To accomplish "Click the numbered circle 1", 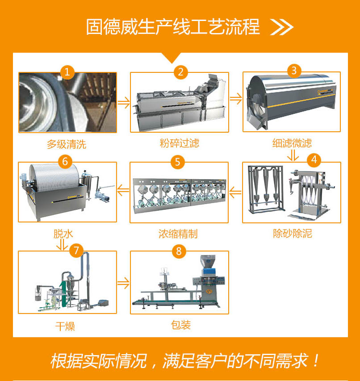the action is pyautogui.click(x=67, y=72).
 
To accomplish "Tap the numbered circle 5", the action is pyautogui.click(x=178, y=162).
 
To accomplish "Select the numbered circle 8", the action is pyautogui.click(x=179, y=251).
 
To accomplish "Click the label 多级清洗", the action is pyautogui.click(x=66, y=144).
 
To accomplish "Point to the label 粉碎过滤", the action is pyautogui.click(x=179, y=143).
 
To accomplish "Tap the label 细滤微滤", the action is pyautogui.click(x=292, y=143).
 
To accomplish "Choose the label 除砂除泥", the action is pyautogui.click(x=292, y=234).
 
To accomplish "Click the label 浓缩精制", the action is pyautogui.click(x=178, y=234).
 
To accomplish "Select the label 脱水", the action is pyautogui.click(x=63, y=234).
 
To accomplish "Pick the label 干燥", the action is pyautogui.click(x=65, y=326).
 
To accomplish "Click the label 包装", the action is pyautogui.click(x=181, y=325).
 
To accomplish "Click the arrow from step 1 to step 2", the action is pyautogui.click(x=124, y=103).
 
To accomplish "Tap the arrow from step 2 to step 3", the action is pyautogui.click(x=236, y=99).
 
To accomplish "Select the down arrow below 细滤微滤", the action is pyautogui.click(x=293, y=155).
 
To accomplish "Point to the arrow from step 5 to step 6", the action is pyautogui.click(x=123, y=190).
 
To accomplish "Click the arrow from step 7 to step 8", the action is pyautogui.click(x=123, y=283).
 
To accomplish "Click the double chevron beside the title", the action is pyautogui.click(x=282, y=27).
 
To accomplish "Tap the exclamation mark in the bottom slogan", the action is pyautogui.click(x=316, y=360).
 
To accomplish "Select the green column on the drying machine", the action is pyautogui.click(x=63, y=294).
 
